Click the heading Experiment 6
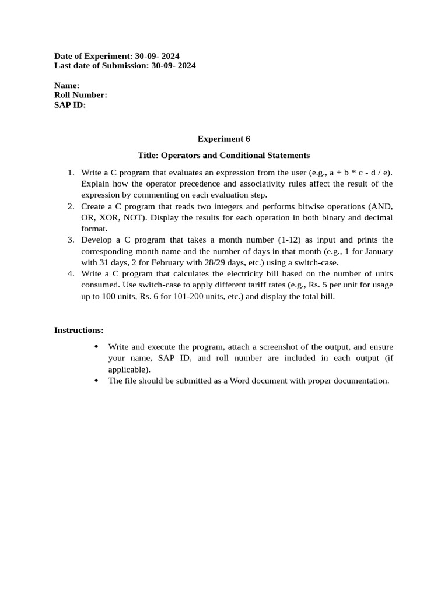(223, 139)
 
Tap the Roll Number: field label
(80, 95)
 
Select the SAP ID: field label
(70, 105)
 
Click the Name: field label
(67, 85)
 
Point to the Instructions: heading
(79, 330)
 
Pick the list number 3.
(71, 240)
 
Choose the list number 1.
(71, 173)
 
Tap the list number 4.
(71, 273)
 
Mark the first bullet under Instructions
(96, 347)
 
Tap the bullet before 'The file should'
(96, 381)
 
